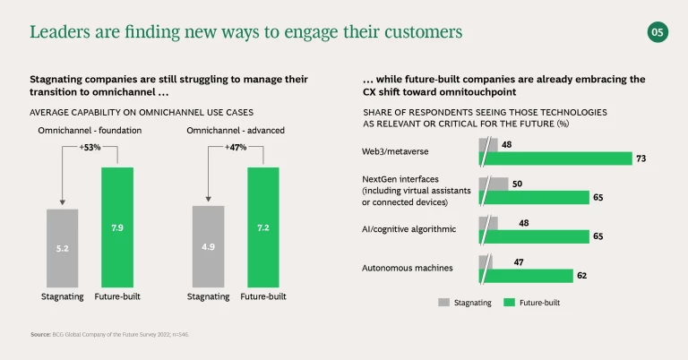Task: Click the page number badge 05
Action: click(x=658, y=32)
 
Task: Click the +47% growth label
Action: click(x=236, y=147)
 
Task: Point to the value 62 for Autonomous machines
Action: click(x=582, y=276)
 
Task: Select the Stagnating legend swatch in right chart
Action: click(x=443, y=303)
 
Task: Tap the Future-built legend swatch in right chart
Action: click(x=511, y=303)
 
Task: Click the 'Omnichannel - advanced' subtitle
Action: click(x=236, y=131)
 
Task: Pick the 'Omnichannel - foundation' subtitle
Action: click(x=90, y=131)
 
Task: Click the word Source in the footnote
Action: click(x=41, y=334)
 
